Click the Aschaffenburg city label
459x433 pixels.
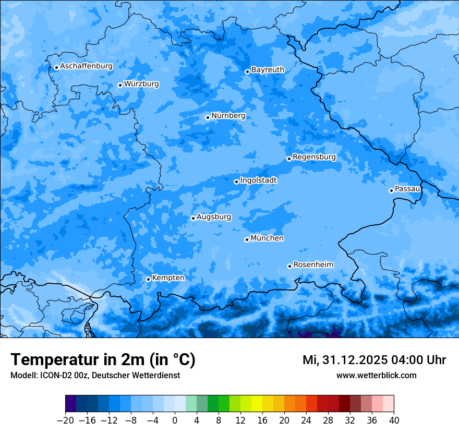click(86, 66)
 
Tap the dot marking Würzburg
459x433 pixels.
click(120, 85)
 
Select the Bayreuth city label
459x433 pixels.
click(268, 70)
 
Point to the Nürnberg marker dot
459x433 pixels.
click(208, 117)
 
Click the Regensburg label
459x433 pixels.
click(314, 157)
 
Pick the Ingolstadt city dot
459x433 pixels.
click(236, 182)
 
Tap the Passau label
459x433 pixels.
click(407, 189)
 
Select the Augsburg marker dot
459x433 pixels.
click(193, 218)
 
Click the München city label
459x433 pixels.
click(267, 238)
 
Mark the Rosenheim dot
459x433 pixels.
click(289, 266)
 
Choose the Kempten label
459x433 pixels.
click(168, 278)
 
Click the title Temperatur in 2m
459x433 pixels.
click(103, 360)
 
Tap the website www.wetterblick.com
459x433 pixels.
click(376, 375)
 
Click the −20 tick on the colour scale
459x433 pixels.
click(65, 420)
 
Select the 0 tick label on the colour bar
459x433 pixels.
click(175, 420)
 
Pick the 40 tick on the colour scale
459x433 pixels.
click(394, 420)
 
